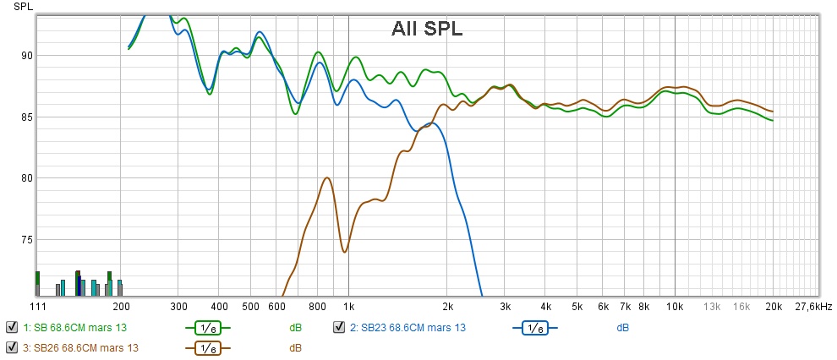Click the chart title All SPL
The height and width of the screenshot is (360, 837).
click(427, 28)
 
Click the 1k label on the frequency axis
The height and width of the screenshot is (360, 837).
click(349, 305)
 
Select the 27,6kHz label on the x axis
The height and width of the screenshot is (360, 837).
click(813, 305)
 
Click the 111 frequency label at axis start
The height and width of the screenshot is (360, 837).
click(38, 305)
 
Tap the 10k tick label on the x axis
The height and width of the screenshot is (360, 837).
click(674, 305)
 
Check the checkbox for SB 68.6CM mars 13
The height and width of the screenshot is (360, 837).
click(12, 327)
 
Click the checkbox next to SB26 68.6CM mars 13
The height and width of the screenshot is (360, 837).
click(12, 347)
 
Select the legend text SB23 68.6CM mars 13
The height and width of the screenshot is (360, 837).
click(409, 327)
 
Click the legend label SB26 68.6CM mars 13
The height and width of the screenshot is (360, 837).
click(80, 347)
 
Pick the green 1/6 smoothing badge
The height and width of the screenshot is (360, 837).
click(206, 327)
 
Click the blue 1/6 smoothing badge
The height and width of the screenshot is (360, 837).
click(534, 327)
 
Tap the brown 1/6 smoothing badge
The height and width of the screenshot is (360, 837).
click(206, 347)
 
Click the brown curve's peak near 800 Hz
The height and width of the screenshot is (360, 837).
click(326, 178)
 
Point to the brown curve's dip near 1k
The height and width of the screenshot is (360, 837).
click(344, 252)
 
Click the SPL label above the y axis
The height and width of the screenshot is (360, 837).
click(22, 6)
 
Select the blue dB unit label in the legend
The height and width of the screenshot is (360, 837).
click(622, 327)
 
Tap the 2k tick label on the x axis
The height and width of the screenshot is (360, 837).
click(447, 305)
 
